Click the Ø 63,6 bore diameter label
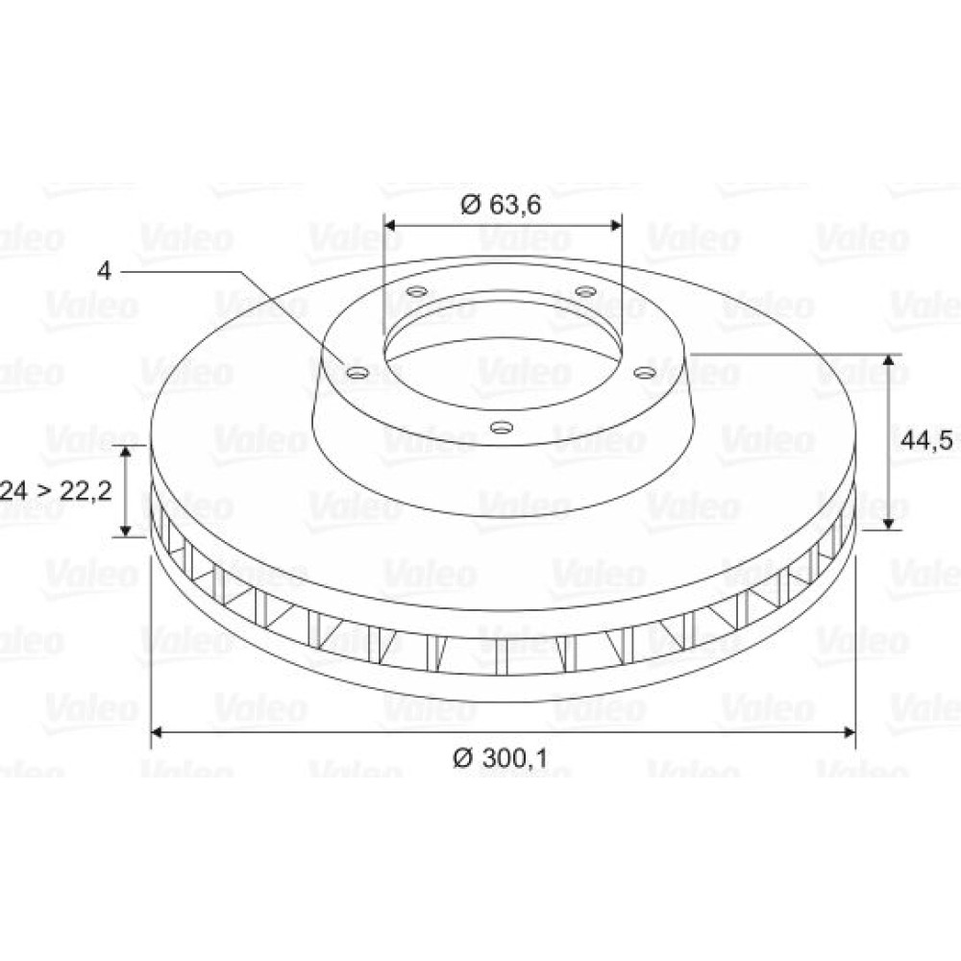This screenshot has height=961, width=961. [501, 205]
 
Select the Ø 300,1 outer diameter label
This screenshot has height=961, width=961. [500, 758]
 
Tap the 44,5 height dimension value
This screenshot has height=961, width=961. [926, 439]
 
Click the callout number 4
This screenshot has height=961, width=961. [104, 271]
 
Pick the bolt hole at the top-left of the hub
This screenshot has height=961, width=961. [418, 291]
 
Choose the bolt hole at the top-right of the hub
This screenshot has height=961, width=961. [585, 291]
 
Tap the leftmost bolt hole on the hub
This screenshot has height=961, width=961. [357, 372]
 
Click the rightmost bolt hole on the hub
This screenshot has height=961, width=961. [644, 372]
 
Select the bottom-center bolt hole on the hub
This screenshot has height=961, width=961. [502, 427]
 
